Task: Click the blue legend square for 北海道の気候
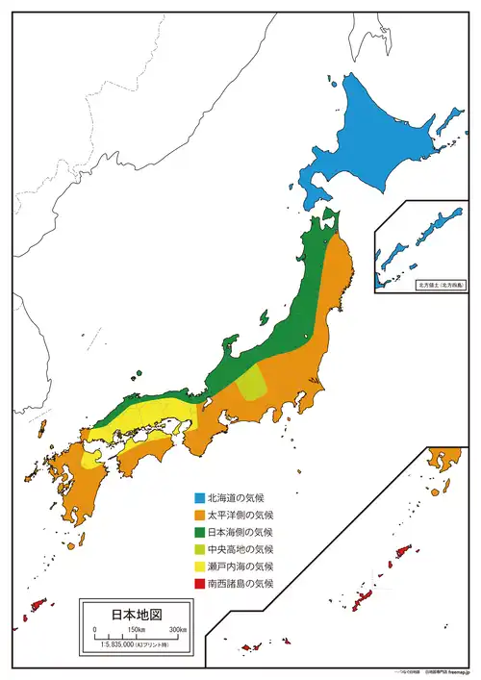[x=198, y=498]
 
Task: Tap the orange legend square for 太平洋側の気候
[x=198, y=516]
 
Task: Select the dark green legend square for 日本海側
[x=198, y=532]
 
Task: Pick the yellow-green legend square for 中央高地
[x=198, y=549]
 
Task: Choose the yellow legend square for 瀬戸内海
[x=198, y=566]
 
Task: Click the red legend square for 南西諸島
[x=198, y=583]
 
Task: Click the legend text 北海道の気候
[x=240, y=498]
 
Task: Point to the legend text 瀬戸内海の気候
[x=240, y=566]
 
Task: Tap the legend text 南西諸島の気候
[x=240, y=583]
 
